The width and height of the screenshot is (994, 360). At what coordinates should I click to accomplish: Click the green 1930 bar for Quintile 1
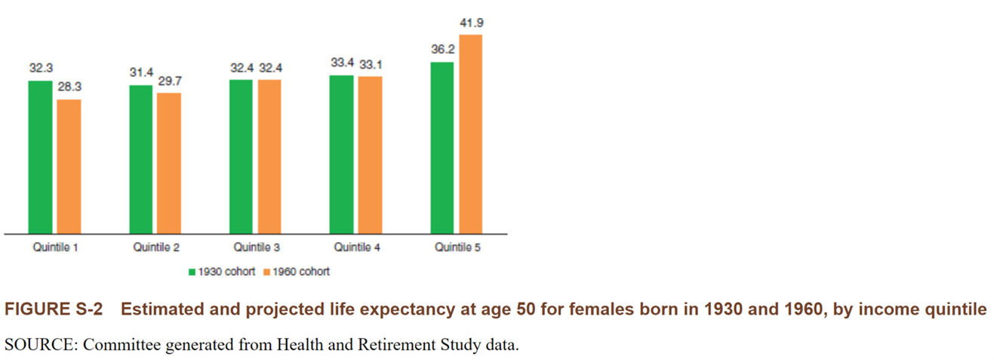[x=41, y=157]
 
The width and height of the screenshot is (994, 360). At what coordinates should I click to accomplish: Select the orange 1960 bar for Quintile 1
[x=69, y=166]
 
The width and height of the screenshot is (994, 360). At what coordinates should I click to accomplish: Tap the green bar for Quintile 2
[x=141, y=159]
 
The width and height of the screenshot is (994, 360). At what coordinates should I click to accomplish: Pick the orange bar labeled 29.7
[x=169, y=163]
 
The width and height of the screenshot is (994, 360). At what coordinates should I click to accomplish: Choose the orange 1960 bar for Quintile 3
[x=269, y=156]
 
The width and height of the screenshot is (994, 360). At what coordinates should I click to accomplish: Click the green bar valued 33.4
[x=342, y=154]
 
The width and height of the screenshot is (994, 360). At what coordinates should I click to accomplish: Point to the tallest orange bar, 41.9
[x=470, y=134]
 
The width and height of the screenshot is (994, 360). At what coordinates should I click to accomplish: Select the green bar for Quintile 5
[x=442, y=147]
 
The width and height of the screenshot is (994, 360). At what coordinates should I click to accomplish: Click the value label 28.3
[x=69, y=88]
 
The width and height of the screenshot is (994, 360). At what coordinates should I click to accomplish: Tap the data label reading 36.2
[x=442, y=50]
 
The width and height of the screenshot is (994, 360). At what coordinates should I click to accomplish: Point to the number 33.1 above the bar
[x=370, y=64]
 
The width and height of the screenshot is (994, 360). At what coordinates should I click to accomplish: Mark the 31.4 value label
[x=141, y=73]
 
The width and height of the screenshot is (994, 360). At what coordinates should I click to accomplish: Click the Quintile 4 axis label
[x=357, y=247]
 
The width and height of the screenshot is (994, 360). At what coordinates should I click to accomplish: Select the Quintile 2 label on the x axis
[x=156, y=247]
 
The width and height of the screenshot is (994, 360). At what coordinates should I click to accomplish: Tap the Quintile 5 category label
[x=457, y=247]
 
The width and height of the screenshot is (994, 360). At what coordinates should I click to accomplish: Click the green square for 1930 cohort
[x=192, y=272]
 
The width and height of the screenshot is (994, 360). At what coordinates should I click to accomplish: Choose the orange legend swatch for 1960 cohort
[x=266, y=272]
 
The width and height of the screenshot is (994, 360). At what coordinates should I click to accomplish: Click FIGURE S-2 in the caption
[x=53, y=310]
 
